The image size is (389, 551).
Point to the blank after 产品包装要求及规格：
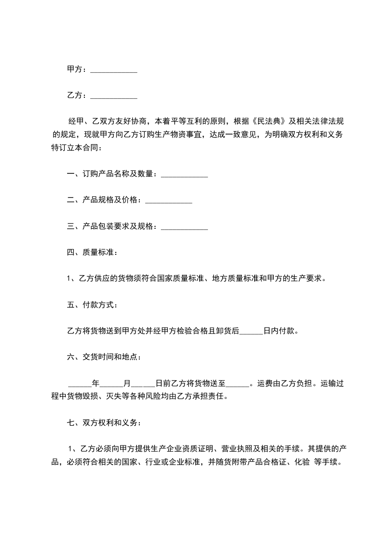184,227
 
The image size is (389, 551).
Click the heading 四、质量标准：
92,252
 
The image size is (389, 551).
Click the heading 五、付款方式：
92,304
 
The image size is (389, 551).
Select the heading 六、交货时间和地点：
104,357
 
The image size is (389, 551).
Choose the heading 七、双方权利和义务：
104,422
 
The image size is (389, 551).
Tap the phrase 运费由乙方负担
285,383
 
